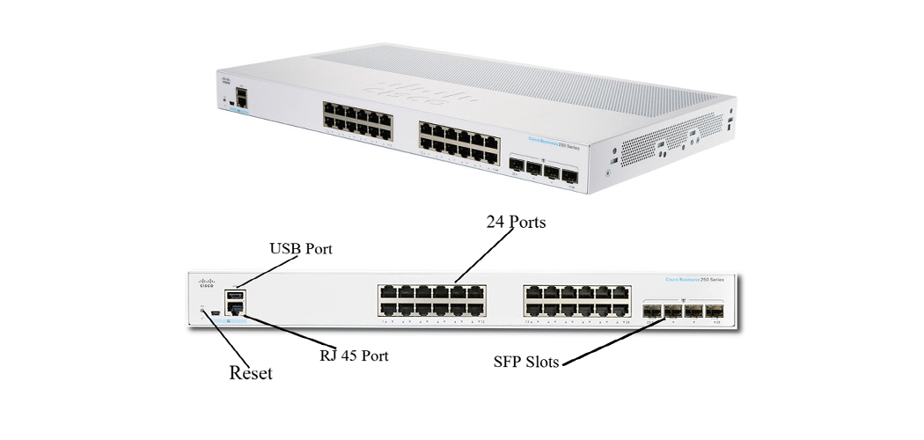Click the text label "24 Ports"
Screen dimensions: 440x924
click(516, 223)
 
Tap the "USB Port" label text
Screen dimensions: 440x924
click(300, 249)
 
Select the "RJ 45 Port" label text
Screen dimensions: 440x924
click(353, 356)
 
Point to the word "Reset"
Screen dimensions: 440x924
click(251, 373)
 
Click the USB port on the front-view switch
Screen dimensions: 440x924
click(235, 297)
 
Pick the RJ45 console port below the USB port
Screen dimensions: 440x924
click(235, 309)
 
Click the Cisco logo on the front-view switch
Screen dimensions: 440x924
click(206, 282)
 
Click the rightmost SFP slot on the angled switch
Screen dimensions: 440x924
click(569, 174)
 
